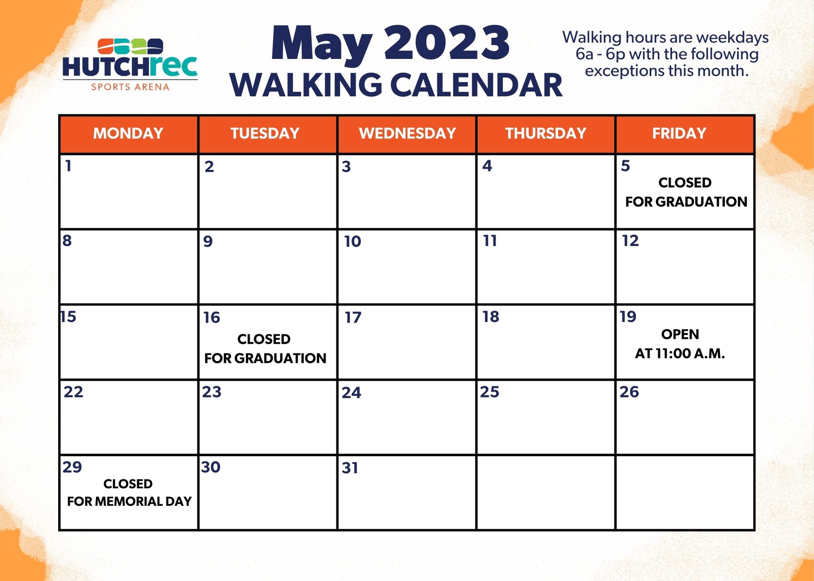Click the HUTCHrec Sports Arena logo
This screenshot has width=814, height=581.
(130, 64)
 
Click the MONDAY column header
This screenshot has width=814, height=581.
(128, 133)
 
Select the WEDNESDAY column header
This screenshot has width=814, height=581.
(407, 133)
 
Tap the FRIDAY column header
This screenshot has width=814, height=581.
(679, 133)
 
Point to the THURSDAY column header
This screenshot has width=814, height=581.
(546, 133)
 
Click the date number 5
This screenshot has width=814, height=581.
(626, 166)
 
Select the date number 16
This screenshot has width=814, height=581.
(212, 317)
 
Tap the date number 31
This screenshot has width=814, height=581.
(350, 468)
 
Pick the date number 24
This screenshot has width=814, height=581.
(351, 393)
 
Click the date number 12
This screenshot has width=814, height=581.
(630, 241)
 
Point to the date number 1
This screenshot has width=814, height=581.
(68, 166)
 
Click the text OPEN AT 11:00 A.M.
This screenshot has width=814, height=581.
(680, 344)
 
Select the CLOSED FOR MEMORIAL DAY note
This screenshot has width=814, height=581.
(129, 492)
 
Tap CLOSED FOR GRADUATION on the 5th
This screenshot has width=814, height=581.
(686, 192)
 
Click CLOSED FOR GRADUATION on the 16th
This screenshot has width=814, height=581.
(265, 349)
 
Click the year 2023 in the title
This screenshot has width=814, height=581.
(446, 43)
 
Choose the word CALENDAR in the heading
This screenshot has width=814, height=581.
(476, 85)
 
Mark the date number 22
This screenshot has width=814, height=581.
(73, 392)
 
